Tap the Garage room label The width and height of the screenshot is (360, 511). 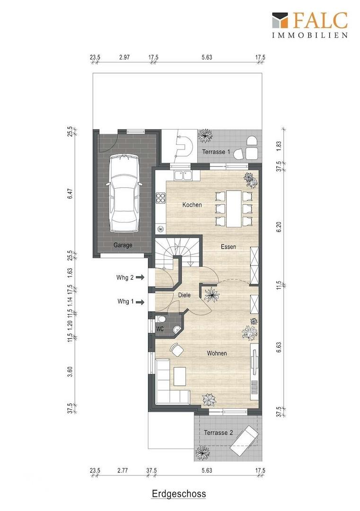[x=123, y=245]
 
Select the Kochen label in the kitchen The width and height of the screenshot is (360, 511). [x=192, y=205]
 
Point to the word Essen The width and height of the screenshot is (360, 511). [x=228, y=247]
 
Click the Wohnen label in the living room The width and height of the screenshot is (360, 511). [x=217, y=353]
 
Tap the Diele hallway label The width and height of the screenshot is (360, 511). [x=184, y=295]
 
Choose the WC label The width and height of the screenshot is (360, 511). [x=159, y=329]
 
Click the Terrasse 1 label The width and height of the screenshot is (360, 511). [x=216, y=152]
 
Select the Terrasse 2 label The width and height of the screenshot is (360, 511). [x=218, y=433]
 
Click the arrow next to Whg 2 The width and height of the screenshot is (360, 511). [x=140, y=277]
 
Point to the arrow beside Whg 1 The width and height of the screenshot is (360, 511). [x=140, y=302]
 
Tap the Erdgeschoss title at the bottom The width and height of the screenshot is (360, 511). [x=179, y=493]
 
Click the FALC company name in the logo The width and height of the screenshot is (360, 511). [x=320, y=20]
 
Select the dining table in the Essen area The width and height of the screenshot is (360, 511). [x=233, y=208]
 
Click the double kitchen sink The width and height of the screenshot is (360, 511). [x=183, y=176]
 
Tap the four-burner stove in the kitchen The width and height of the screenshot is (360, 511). [x=161, y=198]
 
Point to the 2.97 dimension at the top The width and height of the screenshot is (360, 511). [x=124, y=57]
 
